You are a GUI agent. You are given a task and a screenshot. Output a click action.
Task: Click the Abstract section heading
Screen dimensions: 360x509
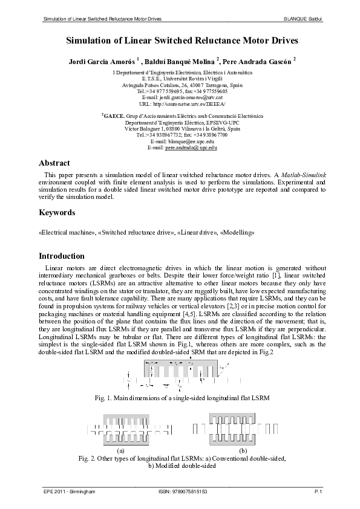pos(54,163)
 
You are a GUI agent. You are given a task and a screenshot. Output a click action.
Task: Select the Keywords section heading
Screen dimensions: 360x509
pos(57,213)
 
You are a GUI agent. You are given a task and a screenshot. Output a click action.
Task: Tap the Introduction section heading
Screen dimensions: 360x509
pos(62,256)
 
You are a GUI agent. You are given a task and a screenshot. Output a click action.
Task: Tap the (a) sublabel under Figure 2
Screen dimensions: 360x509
pos(120,451)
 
